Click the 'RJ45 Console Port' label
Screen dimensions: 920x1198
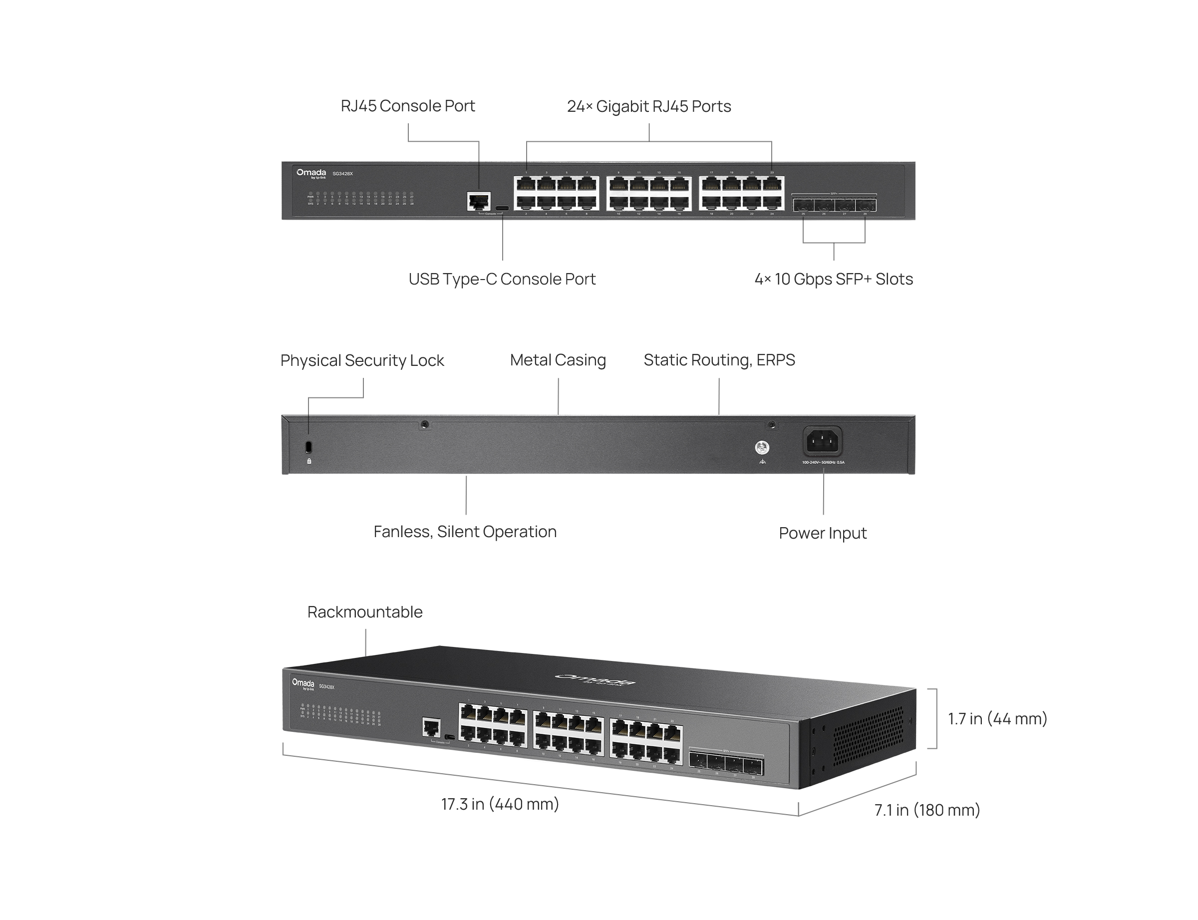407,106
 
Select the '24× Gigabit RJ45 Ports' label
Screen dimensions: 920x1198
649,106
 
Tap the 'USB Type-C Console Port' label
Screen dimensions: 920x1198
502,279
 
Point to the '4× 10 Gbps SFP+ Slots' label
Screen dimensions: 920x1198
833,279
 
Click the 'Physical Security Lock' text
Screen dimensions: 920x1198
362,360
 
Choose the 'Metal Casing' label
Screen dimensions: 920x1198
558,360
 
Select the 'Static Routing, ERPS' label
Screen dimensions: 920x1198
719,360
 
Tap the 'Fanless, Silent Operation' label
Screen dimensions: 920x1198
465,532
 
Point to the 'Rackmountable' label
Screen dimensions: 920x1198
365,612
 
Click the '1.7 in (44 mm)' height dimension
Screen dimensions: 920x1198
997,718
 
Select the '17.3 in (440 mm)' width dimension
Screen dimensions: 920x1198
500,804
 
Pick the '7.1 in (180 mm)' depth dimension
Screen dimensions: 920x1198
927,810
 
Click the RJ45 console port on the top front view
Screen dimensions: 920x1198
479,201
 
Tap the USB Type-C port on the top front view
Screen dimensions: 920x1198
502,208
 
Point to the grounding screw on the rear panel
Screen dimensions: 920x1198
762,448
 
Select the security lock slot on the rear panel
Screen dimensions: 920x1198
308,447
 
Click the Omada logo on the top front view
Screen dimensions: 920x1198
311,173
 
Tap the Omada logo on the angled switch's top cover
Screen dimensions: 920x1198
596,679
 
